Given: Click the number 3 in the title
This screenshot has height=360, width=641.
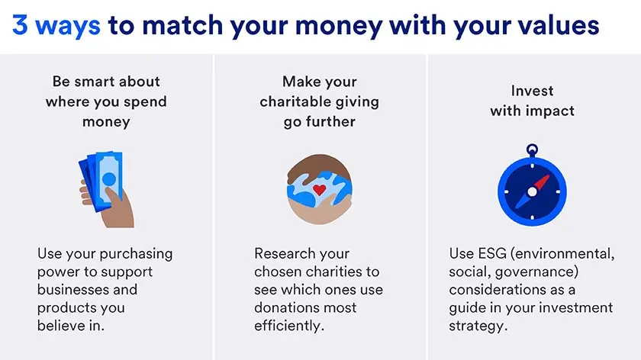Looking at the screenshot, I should [x=21, y=26].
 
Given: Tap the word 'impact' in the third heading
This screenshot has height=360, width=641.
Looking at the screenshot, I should [x=549, y=111].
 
